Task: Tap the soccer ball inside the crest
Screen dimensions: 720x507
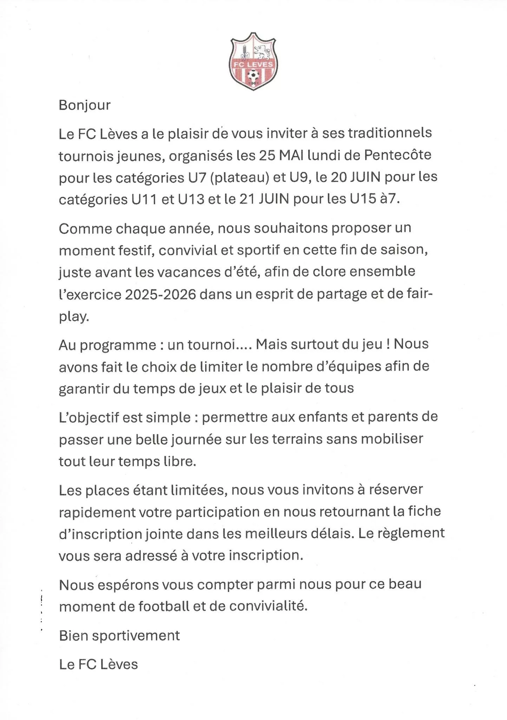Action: point(253,74)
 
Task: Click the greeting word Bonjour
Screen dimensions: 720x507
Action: point(85,105)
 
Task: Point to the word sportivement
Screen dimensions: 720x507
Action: point(139,635)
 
